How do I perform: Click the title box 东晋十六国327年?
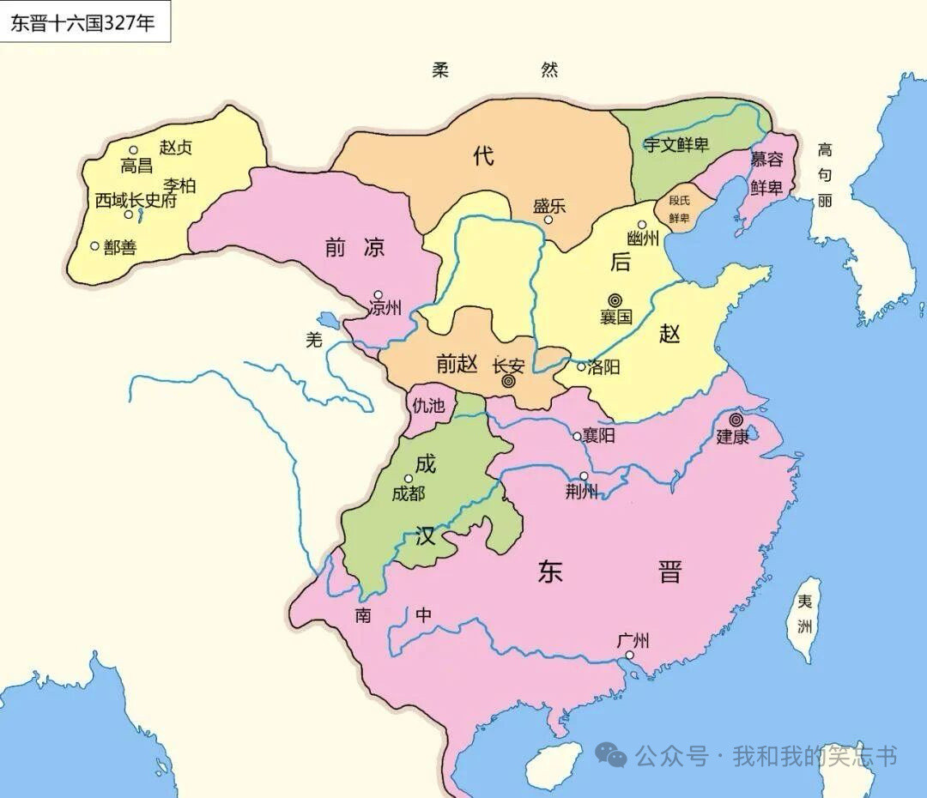tap(83, 22)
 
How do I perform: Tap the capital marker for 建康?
tap(736, 420)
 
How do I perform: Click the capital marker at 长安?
tap(508, 382)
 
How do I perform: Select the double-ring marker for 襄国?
tap(615, 300)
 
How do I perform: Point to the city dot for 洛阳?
tap(581, 366)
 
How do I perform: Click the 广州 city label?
tap(633, 641)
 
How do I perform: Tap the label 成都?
tap(408, 493)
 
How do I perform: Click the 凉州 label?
tap(384, 308)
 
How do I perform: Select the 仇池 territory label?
tap(428, 406)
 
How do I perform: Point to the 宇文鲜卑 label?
tap(676, 145)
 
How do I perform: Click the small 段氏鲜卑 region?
tap(679, 209)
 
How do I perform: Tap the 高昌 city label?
tap(136, 166)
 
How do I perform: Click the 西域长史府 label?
tap(136, 200)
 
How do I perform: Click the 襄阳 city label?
tap(598, 436)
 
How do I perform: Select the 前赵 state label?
tap(456, 364)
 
